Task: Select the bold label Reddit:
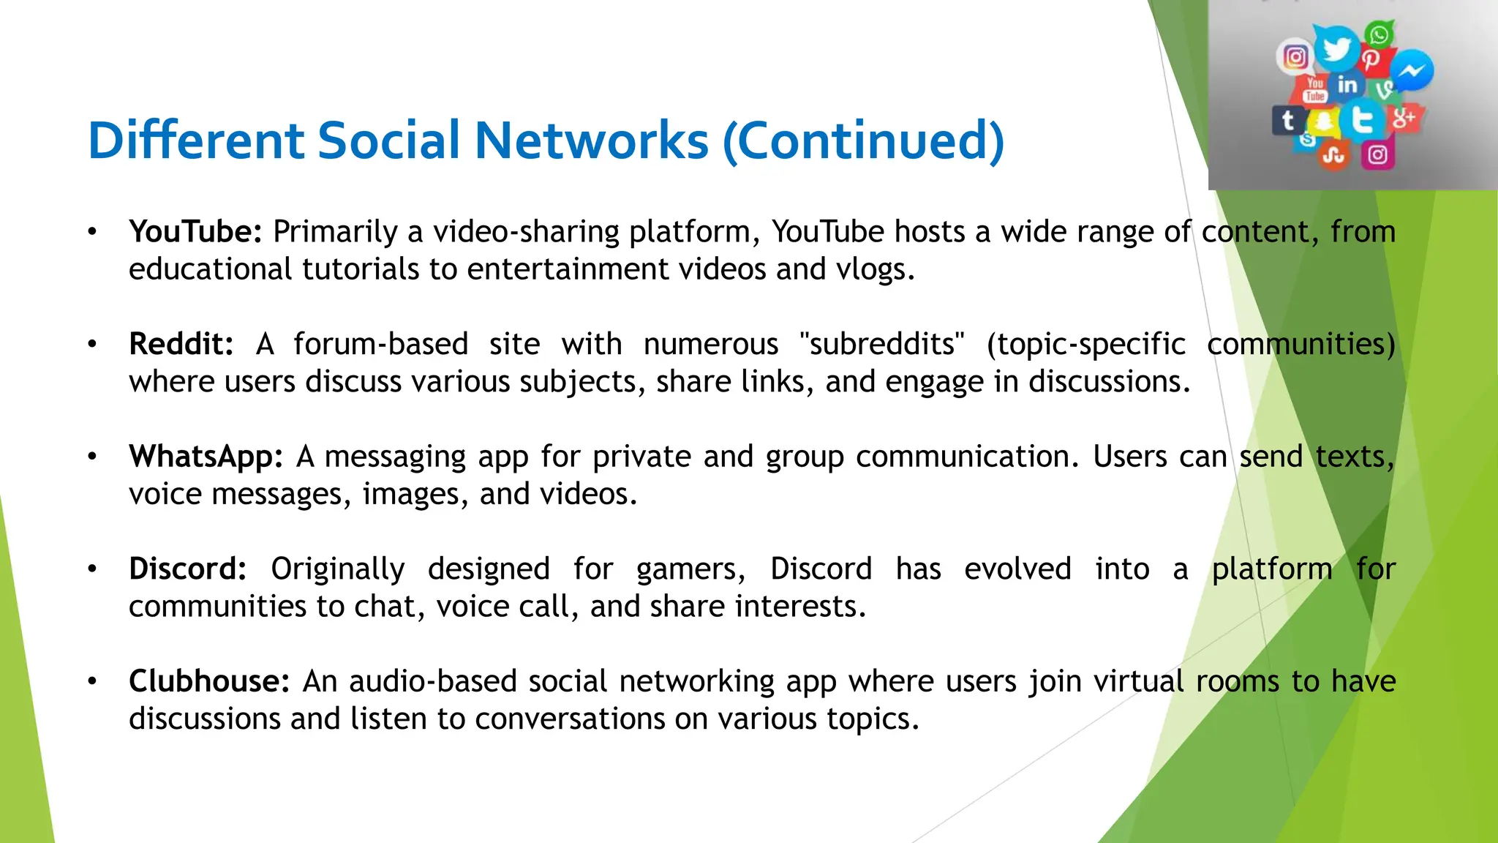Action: pos(181,344)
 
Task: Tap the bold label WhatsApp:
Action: pos(206,457)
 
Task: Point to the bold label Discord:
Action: pos(188,569)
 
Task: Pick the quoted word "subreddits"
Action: pos(882,344)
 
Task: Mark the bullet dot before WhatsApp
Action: pos(92,457)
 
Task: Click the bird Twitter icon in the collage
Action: pos(1336,50)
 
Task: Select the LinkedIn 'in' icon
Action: pos(1347,86)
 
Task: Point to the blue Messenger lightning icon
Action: pos(1412,71)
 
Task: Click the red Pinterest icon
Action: pos(1371,60)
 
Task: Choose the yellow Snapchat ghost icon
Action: pos(1323,121)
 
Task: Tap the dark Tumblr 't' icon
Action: pos(1288,120)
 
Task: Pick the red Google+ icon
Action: pos(1402,118)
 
